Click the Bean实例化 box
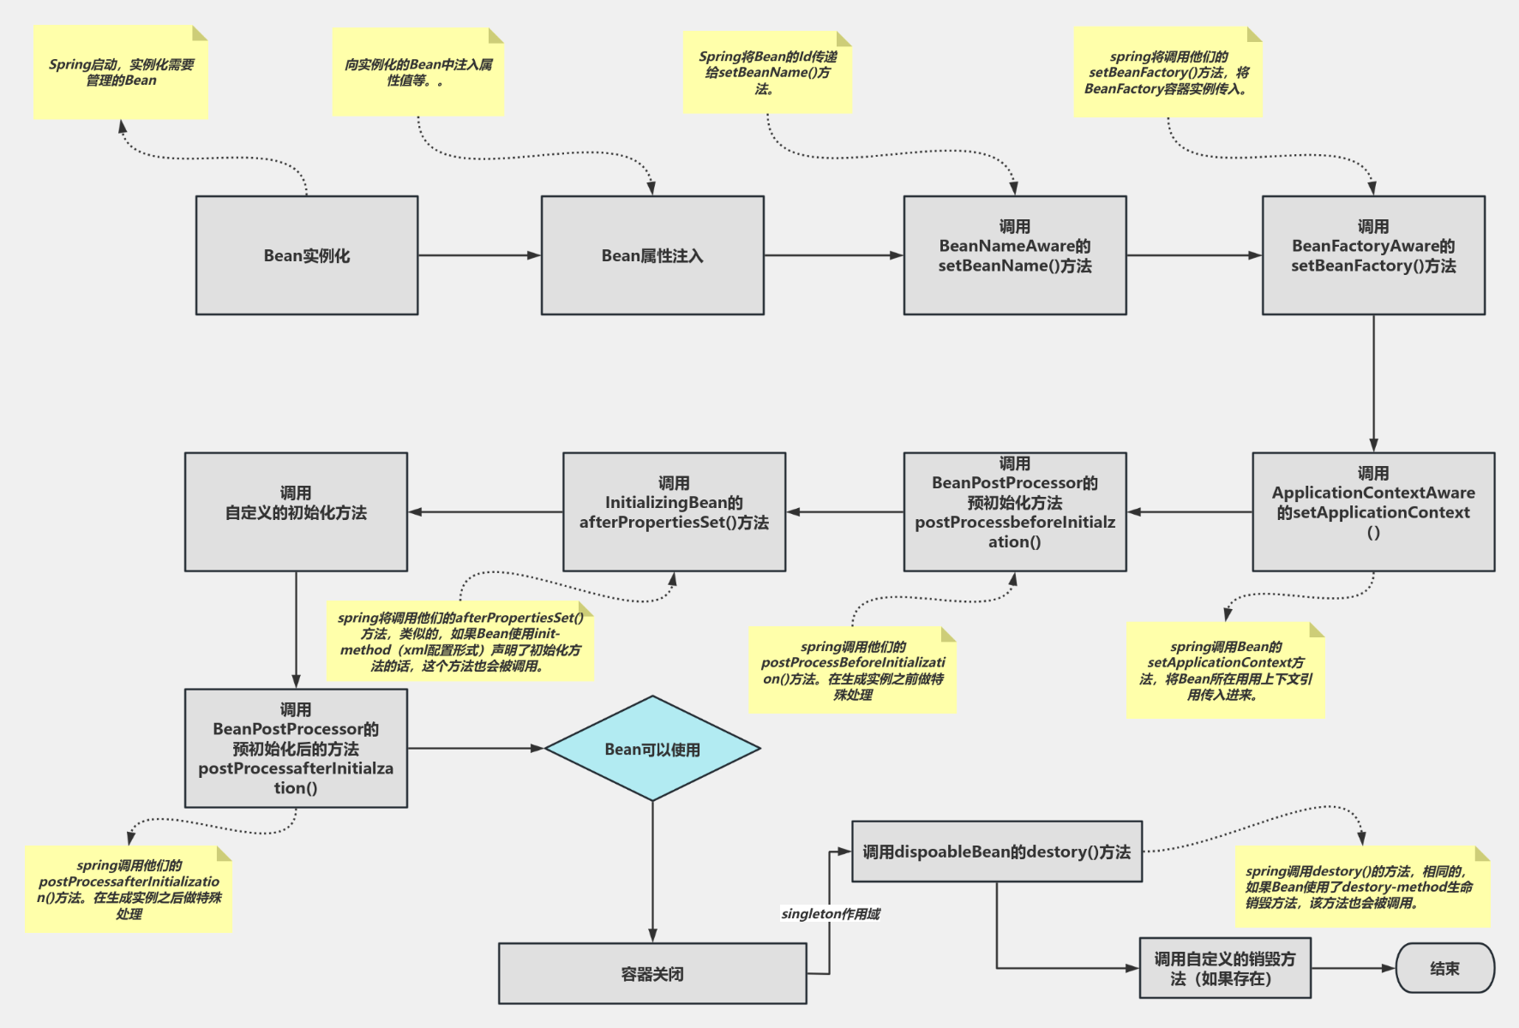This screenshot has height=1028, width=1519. click(x=307, y=255)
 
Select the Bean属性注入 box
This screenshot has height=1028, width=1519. click(x=652, y=255)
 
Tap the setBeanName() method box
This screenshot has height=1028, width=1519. click(x=1015, y=255)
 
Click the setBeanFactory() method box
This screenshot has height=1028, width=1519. click(x=1373, y=255)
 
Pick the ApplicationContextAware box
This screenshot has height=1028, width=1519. click(x=1373, y=511)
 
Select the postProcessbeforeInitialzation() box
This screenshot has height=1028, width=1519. click(x=1015, y=511)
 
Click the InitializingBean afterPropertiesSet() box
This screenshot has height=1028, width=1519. click(x=674, y=511)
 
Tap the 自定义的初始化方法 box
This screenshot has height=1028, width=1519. click(x=296, y=511)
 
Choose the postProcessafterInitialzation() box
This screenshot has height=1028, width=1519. click(x=296, y=748)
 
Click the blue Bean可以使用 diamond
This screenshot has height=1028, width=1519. click(x=652, y=749)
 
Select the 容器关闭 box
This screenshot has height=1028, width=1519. click(x=652, y=973)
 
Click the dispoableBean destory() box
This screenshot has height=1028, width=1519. click(x=996, y=852)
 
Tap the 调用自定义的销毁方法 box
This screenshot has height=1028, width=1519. click(x=1225, y=968)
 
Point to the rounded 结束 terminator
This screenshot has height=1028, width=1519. click(x=1444, y=968)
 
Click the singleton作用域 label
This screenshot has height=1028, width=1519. click(x=831, y=914)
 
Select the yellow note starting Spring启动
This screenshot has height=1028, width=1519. click(x=121, y=73)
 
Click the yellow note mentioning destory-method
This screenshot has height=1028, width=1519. click(x=1362, y=887)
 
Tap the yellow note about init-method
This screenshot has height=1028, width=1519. click(x=460, y=642)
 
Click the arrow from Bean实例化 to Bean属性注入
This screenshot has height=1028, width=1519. click(x=479, y=255)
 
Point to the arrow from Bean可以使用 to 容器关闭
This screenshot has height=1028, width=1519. click(x=652, y=870)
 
